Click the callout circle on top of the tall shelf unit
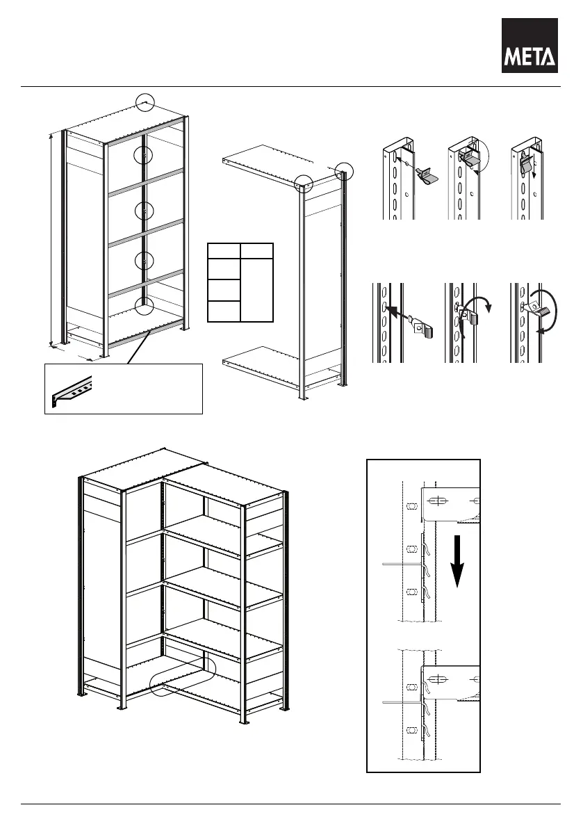(x=144, y=102)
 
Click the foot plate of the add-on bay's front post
(x=304, y=398)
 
